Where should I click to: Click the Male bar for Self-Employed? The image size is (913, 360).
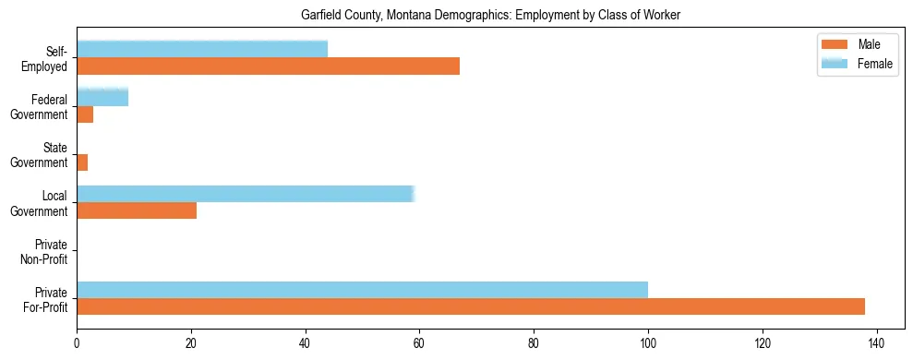pos(268,66)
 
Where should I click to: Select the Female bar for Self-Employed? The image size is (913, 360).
pos(202,49)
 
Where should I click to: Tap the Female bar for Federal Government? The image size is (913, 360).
pos(89,97)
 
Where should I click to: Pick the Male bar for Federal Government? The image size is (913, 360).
pos(85,114)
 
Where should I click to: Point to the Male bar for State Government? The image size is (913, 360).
pos(82,162)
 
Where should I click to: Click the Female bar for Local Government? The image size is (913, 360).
pos(246,193)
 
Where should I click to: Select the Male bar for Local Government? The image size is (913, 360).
pos(137,210)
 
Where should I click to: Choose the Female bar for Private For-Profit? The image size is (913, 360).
pos(362,289)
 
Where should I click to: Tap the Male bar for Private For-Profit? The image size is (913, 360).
pos(471,306)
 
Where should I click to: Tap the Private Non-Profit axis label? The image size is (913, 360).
pos(47,251)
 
